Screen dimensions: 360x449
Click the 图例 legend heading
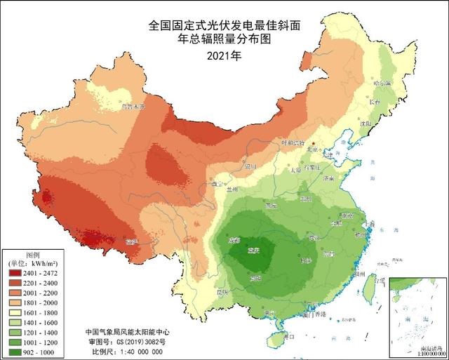coord(34,253)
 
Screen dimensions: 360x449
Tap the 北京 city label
coord(316,149)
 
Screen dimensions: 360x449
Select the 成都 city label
coord(234,241)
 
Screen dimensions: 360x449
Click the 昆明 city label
coord(222,291)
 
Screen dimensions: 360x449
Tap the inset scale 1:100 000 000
coord(419,354)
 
